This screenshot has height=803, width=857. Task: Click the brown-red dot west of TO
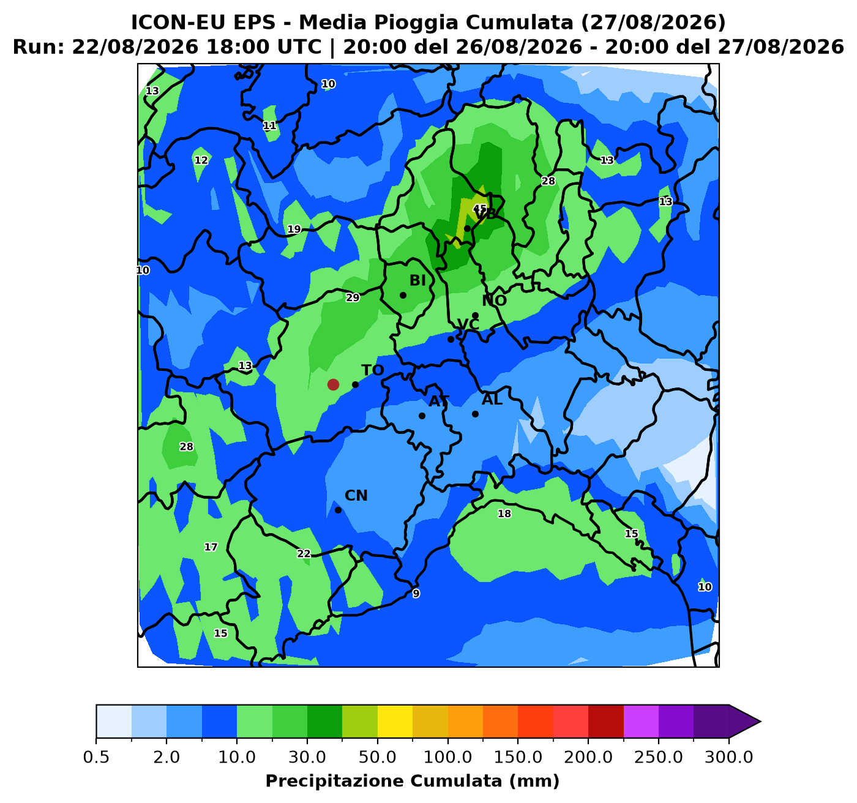click(333, 384)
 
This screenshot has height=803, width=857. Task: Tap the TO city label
click(372, 370)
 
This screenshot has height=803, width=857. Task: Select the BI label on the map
click(417, 280)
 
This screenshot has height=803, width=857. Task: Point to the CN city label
click(356, 496)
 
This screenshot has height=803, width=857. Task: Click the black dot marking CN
click(339, 510)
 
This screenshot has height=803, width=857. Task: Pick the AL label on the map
click(492, 400)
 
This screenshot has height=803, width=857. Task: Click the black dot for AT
click(422, 416)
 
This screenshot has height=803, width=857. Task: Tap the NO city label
click(494, 301)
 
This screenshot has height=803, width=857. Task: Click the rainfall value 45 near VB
click(480, 209)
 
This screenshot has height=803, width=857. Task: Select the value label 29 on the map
click(353, 297)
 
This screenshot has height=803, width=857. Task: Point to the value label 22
click(304, 554)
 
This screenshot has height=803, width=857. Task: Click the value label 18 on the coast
click(504, 514)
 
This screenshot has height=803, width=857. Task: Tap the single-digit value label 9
click(416, 594)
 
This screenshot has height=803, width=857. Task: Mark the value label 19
click(294, 229)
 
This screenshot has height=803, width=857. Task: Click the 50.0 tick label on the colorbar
click(377, 757)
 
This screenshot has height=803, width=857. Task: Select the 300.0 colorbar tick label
click(729, 757)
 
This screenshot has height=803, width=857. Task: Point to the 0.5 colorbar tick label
click(96, 757)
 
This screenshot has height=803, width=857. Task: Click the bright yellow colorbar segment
click(395, 722)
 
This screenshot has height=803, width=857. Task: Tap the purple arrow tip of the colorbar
click(760, 722)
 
